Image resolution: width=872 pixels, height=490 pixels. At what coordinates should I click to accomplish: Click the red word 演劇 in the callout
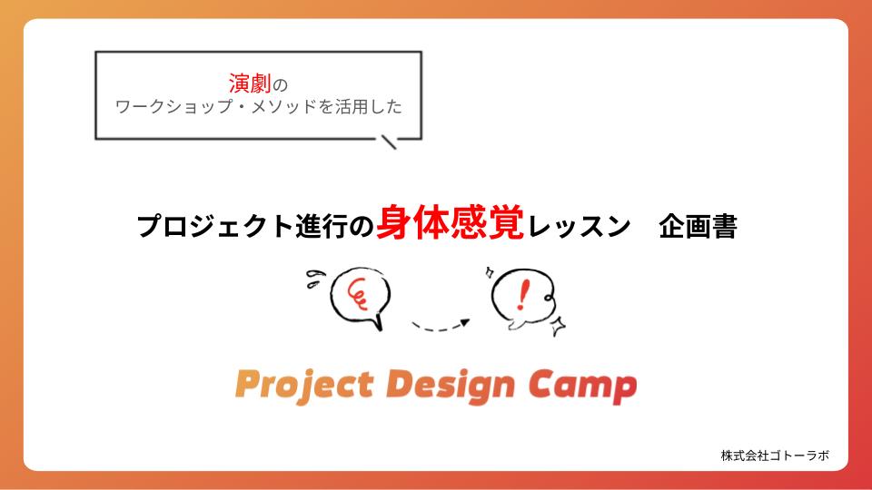[250, 83]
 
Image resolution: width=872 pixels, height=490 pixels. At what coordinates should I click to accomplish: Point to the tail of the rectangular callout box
[389, 142]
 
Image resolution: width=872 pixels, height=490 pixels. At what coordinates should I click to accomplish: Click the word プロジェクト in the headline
[215, 226]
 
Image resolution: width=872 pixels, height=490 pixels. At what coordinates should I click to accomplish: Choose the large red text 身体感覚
[450, 222]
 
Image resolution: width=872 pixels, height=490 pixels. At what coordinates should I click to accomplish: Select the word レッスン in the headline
[579, 226]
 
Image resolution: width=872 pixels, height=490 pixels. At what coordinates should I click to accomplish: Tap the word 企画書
[698, 226]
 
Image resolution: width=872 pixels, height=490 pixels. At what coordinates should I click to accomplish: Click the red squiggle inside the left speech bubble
[358, 293]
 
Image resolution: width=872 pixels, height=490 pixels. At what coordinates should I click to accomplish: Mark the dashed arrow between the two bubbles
[441, 326]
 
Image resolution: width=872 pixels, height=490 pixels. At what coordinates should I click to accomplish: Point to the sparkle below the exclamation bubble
[558, 326]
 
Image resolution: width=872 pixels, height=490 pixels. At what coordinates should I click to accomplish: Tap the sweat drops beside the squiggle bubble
[315, 279]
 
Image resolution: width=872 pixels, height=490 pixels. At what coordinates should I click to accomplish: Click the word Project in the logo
[304, 386]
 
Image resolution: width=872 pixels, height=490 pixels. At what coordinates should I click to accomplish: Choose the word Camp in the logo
[582, 386]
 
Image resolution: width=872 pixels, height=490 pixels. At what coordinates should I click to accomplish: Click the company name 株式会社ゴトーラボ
[775, 456]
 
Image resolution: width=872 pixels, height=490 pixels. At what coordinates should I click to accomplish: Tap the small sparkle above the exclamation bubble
[490, 272]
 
